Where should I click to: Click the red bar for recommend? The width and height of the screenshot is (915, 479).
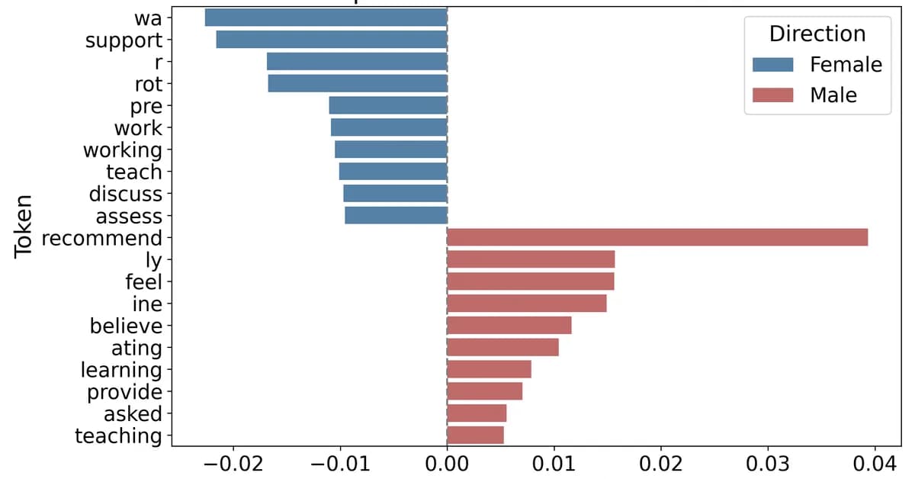point(657,237)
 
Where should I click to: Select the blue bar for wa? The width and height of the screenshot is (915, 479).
point(326,17)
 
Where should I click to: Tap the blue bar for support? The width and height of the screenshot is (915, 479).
point(331,39)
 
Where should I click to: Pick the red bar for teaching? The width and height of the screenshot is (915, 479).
point(475,436)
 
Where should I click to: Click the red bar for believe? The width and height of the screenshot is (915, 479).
point(509,326)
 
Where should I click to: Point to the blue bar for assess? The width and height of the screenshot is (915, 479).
point(396,216)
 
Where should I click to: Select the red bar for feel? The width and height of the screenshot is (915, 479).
point(530,281)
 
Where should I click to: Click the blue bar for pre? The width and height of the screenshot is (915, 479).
point(387,105)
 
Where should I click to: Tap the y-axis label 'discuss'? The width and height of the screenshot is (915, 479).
point(125,194)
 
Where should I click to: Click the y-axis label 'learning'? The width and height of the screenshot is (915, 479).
point(122,370)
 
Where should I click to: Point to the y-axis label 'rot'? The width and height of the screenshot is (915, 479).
point(148,83)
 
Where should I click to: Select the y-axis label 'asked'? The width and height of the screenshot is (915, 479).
point(133,414)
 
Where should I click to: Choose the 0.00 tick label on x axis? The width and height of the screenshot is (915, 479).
point(447,463)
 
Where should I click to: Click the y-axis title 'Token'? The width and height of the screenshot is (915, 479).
point(25,227)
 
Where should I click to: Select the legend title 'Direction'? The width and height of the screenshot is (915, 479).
point(817,34)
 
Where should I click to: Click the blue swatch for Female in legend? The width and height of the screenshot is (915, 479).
point(772,65)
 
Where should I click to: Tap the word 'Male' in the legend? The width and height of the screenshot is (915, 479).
point(833,95)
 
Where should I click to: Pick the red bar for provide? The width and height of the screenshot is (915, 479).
point(484,392)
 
